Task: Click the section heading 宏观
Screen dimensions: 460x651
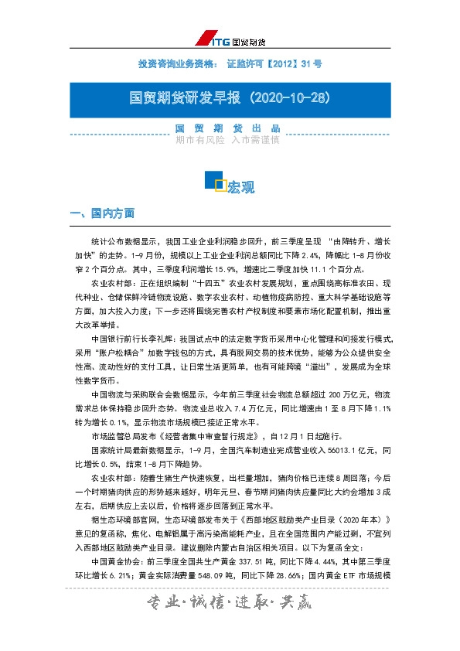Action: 241,186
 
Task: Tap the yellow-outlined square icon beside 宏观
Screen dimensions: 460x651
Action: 220,185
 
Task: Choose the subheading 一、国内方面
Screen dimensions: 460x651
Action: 103,212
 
